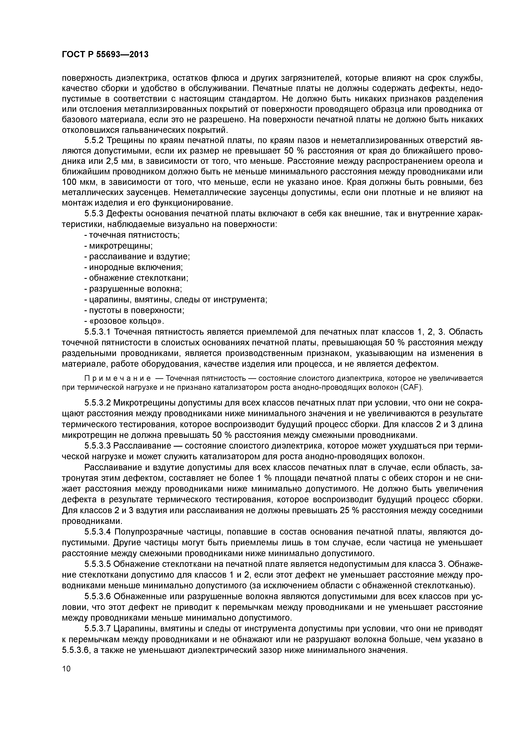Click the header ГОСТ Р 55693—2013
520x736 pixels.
pos(105,55)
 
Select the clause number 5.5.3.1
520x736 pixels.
pos(98,332)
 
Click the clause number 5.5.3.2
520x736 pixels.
pos(98,403)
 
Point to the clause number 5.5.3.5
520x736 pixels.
pos(98,564)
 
